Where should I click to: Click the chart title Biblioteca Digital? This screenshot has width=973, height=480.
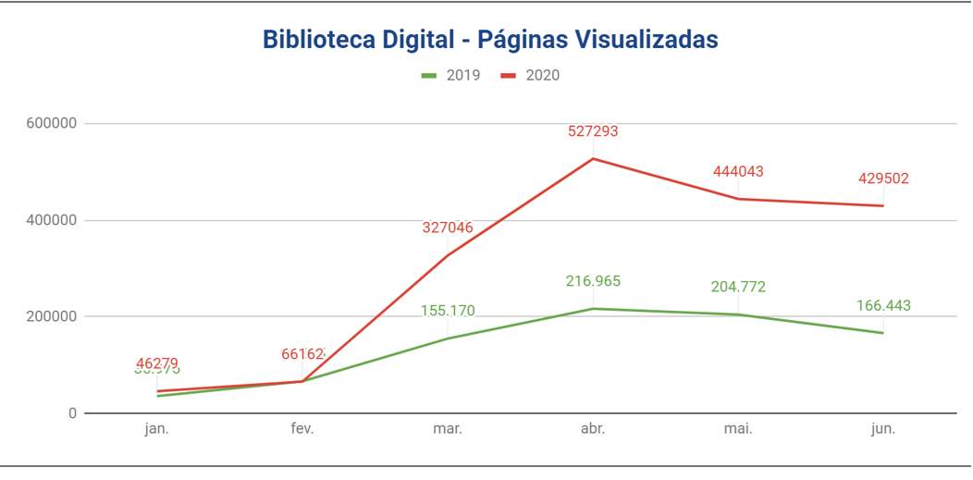490,40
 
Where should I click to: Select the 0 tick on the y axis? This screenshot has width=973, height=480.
71,413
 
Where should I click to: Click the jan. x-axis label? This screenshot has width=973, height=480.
157,429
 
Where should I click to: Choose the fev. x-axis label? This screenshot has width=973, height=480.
302,429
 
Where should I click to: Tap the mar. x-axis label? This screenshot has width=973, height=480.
448,429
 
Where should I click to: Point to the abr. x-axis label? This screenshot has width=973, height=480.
593,429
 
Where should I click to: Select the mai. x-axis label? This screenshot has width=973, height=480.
738,429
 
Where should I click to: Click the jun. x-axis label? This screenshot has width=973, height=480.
883,429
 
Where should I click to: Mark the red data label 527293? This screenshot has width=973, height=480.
593,131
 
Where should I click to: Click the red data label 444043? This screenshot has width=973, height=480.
738,171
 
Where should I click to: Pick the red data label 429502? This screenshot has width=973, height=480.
883,178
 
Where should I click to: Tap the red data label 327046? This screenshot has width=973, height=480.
448,228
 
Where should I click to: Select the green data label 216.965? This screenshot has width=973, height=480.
593,281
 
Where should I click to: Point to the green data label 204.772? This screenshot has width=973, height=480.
738,287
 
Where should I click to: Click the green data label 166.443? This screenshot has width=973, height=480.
883,305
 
